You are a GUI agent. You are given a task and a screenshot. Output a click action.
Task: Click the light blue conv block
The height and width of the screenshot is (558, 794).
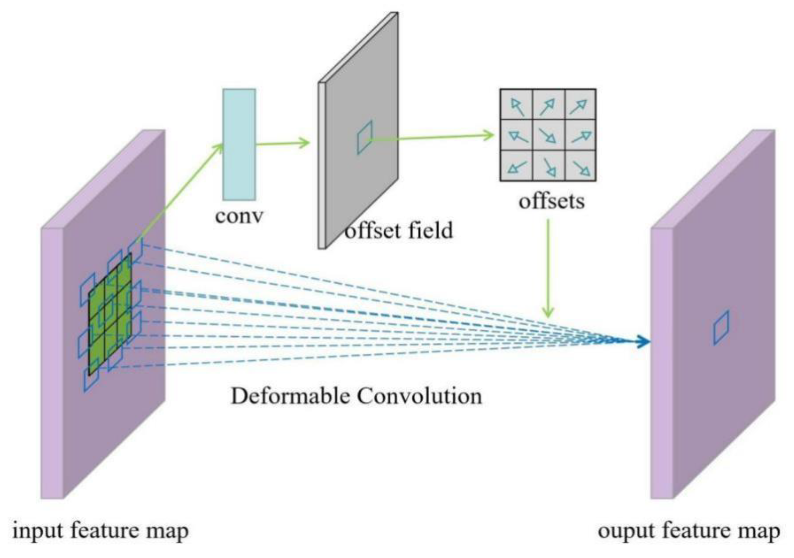tap(239, 144)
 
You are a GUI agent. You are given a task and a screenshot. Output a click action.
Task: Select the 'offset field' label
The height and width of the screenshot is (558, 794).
tap(399, 230)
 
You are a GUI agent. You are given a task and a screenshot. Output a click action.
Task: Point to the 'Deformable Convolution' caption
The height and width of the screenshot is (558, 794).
tap(356, 396)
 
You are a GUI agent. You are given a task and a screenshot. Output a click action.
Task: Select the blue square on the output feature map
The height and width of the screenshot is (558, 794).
tap(721, 328)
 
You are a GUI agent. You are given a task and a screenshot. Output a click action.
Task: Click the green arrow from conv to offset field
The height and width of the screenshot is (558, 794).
tap(282, 143)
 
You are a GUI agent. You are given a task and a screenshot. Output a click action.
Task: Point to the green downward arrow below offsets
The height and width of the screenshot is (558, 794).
tap(548, 268)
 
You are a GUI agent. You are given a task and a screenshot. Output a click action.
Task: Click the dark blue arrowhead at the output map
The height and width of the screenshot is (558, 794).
tap(643, 342)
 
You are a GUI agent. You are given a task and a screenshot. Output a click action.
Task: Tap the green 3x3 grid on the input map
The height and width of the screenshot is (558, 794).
tap(110, 314)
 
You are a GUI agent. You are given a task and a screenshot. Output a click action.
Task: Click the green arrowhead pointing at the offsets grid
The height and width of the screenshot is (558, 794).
tap(489, 135)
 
